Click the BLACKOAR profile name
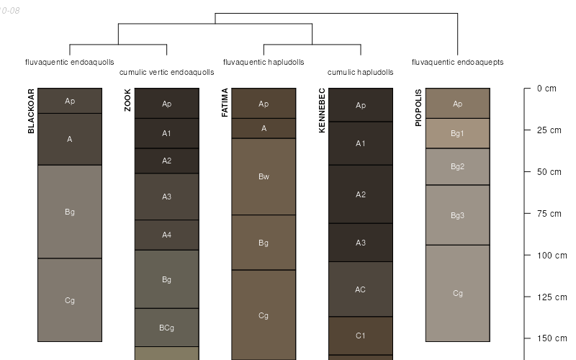point(31,111)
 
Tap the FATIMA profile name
point(225,103)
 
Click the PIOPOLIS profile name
point(418,108)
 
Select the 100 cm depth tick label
point(552,256)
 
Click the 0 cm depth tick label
point(546,89)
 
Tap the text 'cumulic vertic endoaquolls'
point(166,72)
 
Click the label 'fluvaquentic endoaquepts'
point(457,62)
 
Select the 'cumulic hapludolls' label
point(360,72)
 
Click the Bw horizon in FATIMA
point(264,176)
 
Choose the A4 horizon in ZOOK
point(166,235)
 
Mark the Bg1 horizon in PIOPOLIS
point(457,133)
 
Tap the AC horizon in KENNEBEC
point(361,289)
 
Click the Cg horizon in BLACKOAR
point(70,300)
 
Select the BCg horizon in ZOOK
point(166,328)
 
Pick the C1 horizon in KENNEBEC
point(361,336)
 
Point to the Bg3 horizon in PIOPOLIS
point(457,215)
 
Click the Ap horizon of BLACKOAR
point(70,101)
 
